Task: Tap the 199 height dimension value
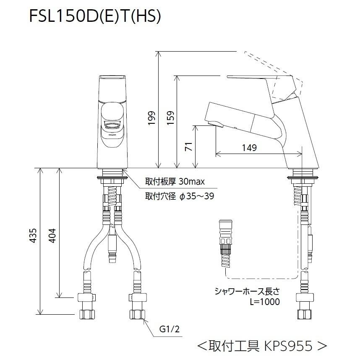(x=152, y=118)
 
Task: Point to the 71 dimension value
(x=189, y=147)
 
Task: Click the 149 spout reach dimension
(x=249, y=148)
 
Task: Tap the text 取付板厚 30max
(x=175, y=182)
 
